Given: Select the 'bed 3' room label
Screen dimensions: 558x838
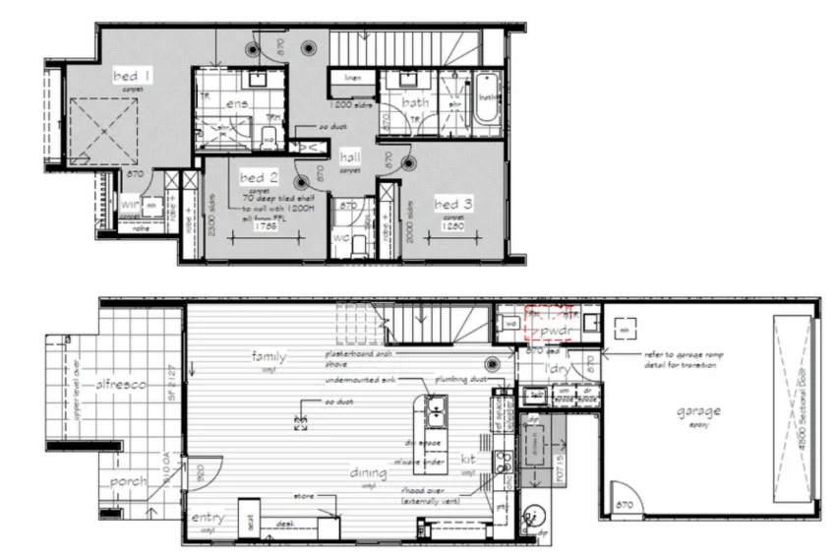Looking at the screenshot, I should click(x=454, y=203).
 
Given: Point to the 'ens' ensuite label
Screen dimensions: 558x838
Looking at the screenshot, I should click(x=236, y=103).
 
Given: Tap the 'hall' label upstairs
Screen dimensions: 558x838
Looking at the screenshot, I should click(x=349, y=157).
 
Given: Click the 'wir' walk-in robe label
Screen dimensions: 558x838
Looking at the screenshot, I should click(x=129, y=204).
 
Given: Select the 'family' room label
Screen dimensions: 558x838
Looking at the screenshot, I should click(x=269, y=355).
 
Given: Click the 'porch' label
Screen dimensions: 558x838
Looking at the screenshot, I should click(x=128, y=481).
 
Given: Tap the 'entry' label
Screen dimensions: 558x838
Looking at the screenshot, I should click(x=209, y=518).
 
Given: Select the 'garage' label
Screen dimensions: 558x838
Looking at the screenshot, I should click(x=696, y=410).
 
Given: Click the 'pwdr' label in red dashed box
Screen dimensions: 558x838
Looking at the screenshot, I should click(x=544, y=332).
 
